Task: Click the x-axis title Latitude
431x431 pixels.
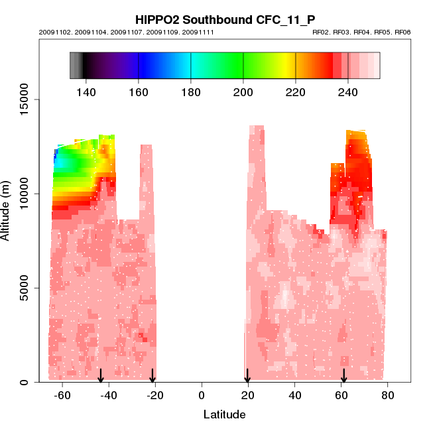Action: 224,414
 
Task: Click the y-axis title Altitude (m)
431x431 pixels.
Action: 7,210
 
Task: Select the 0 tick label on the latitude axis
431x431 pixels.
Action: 201,396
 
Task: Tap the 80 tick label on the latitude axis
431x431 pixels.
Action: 387,396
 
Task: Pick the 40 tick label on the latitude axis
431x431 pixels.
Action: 294,396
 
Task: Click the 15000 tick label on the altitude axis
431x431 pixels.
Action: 24,99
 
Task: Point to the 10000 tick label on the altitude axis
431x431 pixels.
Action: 24,194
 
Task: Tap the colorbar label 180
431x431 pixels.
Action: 191,92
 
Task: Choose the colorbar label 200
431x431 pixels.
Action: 243,92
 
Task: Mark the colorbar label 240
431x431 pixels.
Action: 348,92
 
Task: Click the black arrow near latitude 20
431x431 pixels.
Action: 247,376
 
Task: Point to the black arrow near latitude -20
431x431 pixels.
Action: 153,376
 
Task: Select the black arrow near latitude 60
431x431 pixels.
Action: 343,376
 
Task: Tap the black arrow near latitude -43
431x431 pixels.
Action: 101,376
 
